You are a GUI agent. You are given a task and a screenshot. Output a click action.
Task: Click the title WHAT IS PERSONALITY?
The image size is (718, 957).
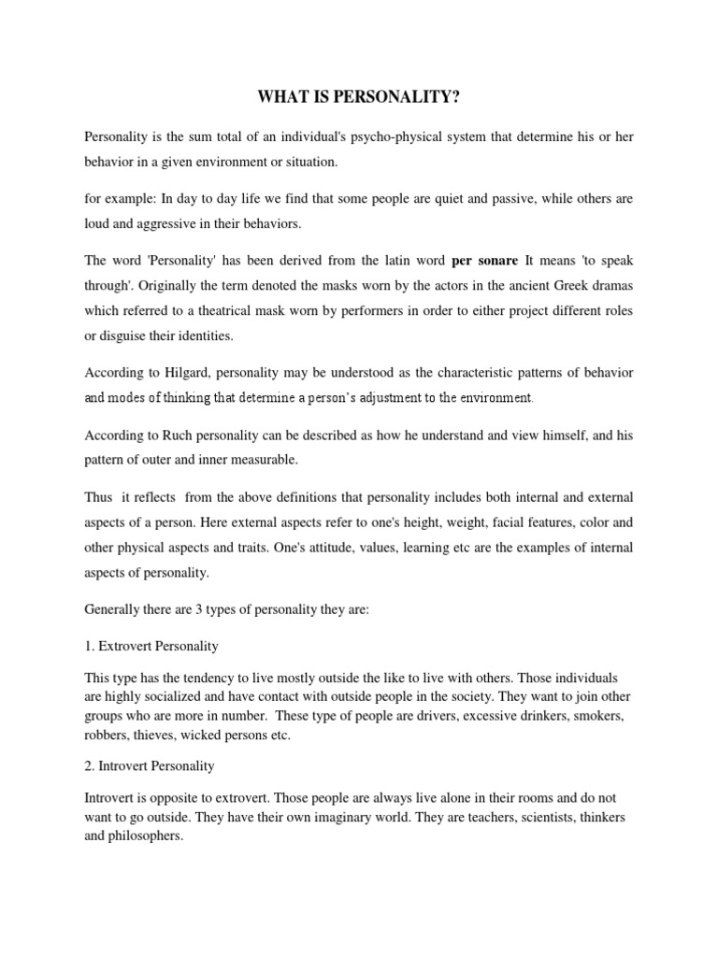click(359, 95)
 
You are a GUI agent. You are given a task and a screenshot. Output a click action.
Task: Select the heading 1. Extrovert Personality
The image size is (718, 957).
click(151, 646)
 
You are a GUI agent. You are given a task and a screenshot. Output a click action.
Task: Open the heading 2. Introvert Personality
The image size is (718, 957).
click(150, 766)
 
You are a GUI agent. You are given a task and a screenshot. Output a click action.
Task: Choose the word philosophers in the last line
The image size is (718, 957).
click(148, 836)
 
